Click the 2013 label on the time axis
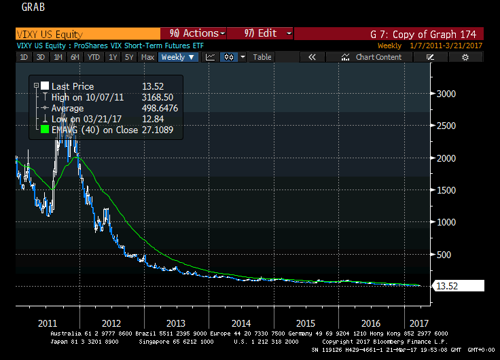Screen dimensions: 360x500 pyautogui.click(x=175, y=323)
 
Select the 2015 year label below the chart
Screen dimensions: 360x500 pyautogui.click(x=306, y=323)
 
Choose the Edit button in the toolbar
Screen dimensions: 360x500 pyautogui.click(x=261, y=33)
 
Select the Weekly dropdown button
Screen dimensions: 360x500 pyautogui.click(x=177, y=57)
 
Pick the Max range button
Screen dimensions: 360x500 pyautogui.click(x=147, y=57)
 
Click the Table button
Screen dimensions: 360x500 pyautogui.click(x=262, y=57)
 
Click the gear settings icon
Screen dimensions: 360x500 pyautogui.click(x=465, y=57)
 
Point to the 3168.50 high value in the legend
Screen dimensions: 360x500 pyautogui.click(x=158, y=97)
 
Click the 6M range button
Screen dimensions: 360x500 pyautogui.click(x=75, y=57)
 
